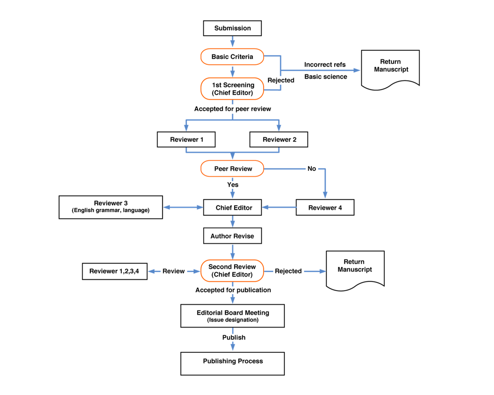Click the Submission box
pyautogui.click(x=232, y=28)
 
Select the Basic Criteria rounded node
pyautogui.click(x=232, y=57)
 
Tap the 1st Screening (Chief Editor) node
pyautogui.click(x=232, y=89)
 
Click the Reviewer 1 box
pyautogui.click(x=186, y=139)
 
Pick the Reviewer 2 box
pyautogui.click(x=279, y=139)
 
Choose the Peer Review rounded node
pyautogui.click(x=232, y=169)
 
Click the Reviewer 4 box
pyautogui.click(x=325, y=207)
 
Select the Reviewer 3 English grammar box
pyautogui.click(x=111, y=207)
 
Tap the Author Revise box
pyautogui.click(x=233, y=236)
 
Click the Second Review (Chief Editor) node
pyautogui.click(x=232, y=271)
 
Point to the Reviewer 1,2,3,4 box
pyautogui.click(x=115, y=271)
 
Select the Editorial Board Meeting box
pyautogui.click(x=233, y=316)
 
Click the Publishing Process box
pyautogui.click(x=233, y=364)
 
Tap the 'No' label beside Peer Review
pyautogui.click(x=312, y=169)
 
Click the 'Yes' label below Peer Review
pyautogui.click(x=233, y=185)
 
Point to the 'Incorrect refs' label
pyautogui.click(x=325, y=64)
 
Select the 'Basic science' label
pyautogui.click(x=326, y=76)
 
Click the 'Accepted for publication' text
pyautogui.click(x=233, y=290)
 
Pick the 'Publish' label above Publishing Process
pyautogui.click(x=234, y=337)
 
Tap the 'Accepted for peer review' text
pyautogui.click(x=233, y=109)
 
